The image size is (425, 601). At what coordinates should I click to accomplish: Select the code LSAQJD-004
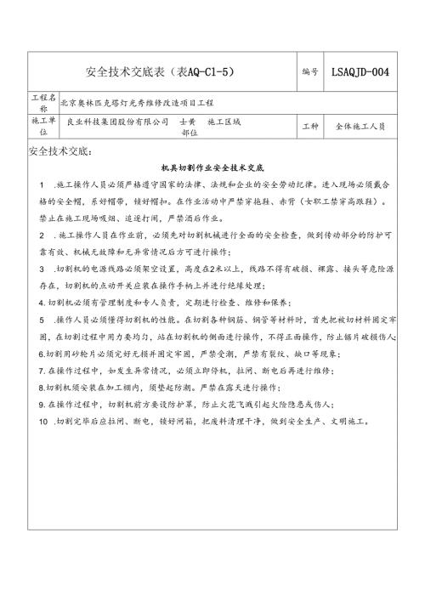(x=361, y=72)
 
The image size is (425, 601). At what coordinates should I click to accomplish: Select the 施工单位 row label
(x=44, y=127)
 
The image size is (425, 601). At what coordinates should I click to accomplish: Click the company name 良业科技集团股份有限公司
(x=118, y=122)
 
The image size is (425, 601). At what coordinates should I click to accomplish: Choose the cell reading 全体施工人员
(x=360, y=127)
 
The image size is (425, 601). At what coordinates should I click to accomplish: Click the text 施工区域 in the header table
(x=224, y=122)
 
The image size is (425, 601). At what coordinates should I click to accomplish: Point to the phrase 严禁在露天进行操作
(x=229, y=387)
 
